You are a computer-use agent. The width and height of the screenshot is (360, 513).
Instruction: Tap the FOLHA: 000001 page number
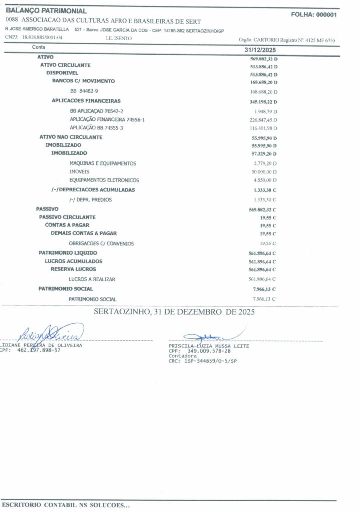(313, 15)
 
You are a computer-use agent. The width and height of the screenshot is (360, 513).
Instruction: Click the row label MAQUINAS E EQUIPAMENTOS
(103, 163)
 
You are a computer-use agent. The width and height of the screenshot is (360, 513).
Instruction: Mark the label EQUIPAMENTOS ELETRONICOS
(104, 180)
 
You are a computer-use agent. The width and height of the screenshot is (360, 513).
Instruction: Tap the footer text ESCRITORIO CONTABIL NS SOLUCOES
(65, 506)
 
